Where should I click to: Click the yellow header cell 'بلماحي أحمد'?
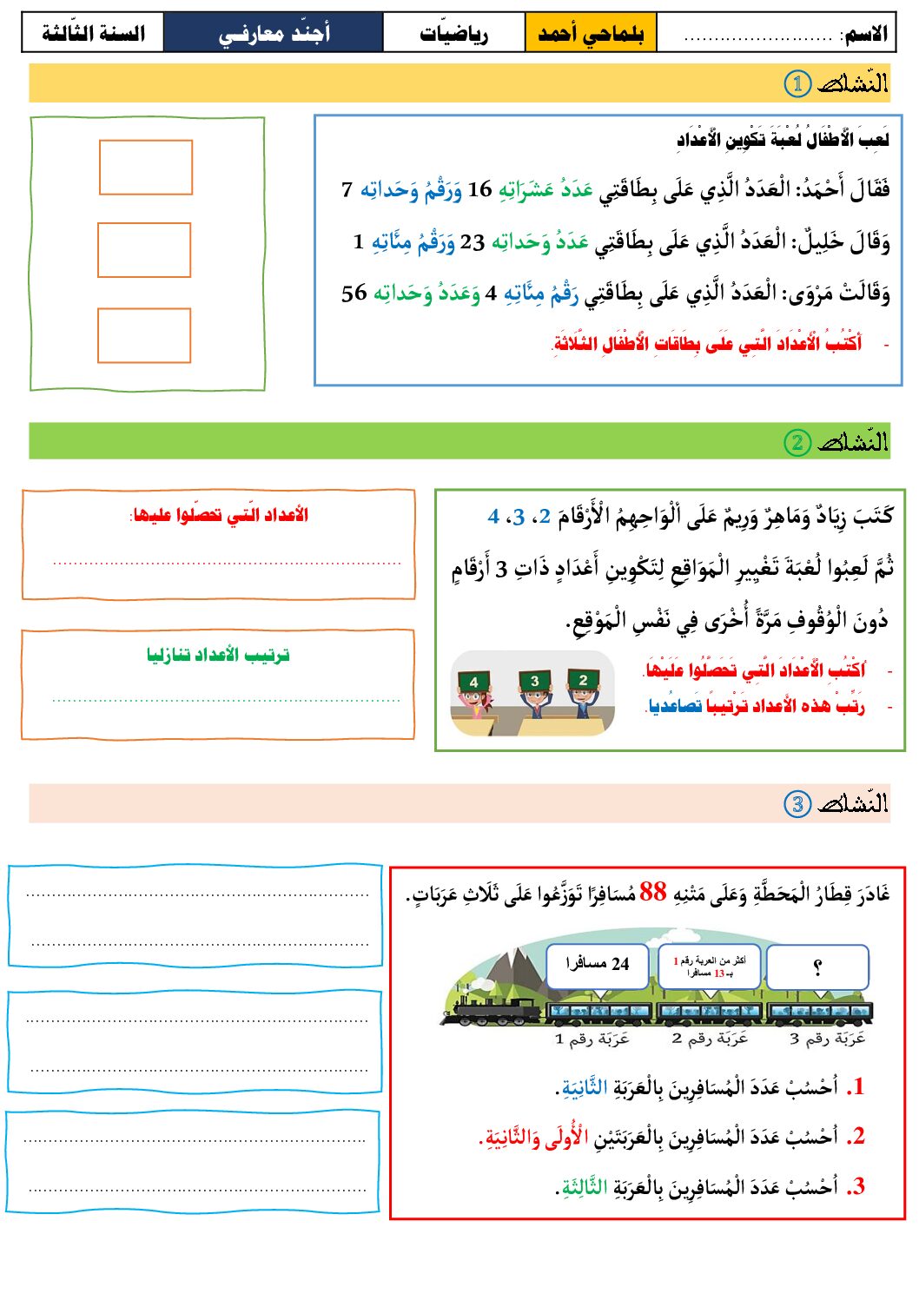click(591, 34)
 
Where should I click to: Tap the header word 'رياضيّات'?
click(453, 34)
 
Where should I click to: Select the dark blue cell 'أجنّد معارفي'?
click(274, 34)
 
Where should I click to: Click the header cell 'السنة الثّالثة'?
click(93, 34)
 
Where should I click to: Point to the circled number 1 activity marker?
click(797, 83)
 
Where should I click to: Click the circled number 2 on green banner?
click(797, 442)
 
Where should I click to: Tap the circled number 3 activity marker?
click(797, 803)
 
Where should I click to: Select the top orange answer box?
click(145, 168)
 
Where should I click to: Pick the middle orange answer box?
click(144, 250)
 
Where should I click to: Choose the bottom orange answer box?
click(144, 335)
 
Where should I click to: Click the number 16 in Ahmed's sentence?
click(479, 189)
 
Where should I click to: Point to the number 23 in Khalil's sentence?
click(473, 242)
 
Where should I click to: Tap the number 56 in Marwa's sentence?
click(354, 294)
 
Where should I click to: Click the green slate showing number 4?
click(473, 683)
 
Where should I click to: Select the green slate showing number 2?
click(583, 680)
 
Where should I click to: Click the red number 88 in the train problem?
click(652, 892)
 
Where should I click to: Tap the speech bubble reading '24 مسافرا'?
click(598, 965)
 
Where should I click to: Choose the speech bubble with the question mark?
click(817, 967)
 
